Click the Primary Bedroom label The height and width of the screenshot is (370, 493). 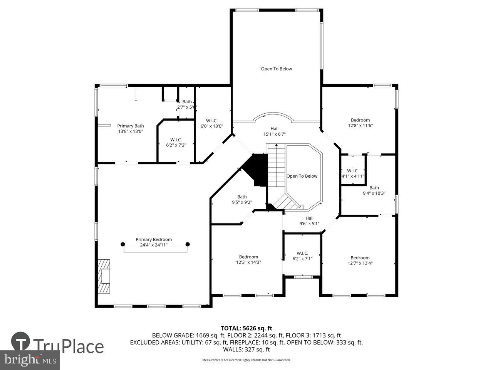(154, 239)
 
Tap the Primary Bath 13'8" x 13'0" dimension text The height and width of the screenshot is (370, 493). (131, 131)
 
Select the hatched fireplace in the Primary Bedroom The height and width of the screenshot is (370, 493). (104, 276)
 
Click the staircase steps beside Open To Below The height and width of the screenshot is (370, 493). (276, 166)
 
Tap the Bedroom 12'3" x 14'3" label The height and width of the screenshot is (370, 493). (248, 259)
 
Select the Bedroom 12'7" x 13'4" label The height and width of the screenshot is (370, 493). (360, 261)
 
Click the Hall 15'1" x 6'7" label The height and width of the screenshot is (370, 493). (274, 131)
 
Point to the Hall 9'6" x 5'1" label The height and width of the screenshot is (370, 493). (309, 220)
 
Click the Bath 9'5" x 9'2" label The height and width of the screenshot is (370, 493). (242, 199)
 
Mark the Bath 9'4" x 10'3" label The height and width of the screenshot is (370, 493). (374, 190)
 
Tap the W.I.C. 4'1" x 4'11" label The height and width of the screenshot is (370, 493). (353, 173)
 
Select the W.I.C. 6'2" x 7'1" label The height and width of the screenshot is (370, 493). (302, 256)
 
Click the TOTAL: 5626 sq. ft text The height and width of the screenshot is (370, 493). (246, 328)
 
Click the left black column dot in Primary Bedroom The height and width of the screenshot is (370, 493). (123, 244)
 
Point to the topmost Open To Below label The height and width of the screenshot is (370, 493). (276, 69)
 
